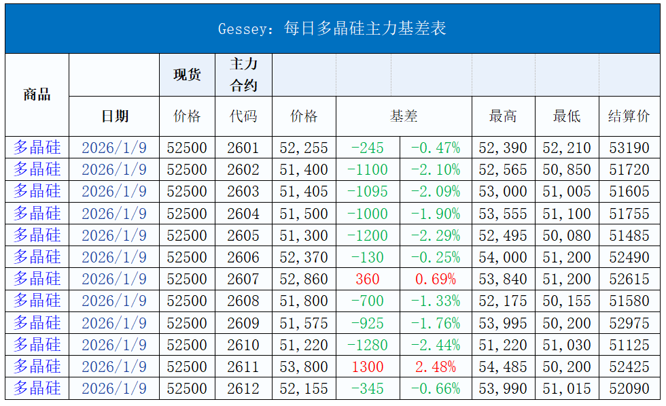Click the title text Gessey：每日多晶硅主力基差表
point(332,29)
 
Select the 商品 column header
point(37,95)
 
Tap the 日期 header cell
point(114,116)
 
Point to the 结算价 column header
point(629,116)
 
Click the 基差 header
point(404,116)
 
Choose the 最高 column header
point(503,116)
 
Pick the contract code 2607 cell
point(243,279)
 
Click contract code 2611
point(243,367)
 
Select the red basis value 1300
point(368,367)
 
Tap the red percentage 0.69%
point(436,279)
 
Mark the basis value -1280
point(368,345)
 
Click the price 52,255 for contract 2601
point(304,148)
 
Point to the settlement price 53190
point(629,148)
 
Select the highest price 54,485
point(503,367)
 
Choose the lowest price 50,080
point(567,235)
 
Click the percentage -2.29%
point(436,235)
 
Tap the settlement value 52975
point(629,323)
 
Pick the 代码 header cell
point(243,116)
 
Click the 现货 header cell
point(187,74)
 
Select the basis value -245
point(368,148)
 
